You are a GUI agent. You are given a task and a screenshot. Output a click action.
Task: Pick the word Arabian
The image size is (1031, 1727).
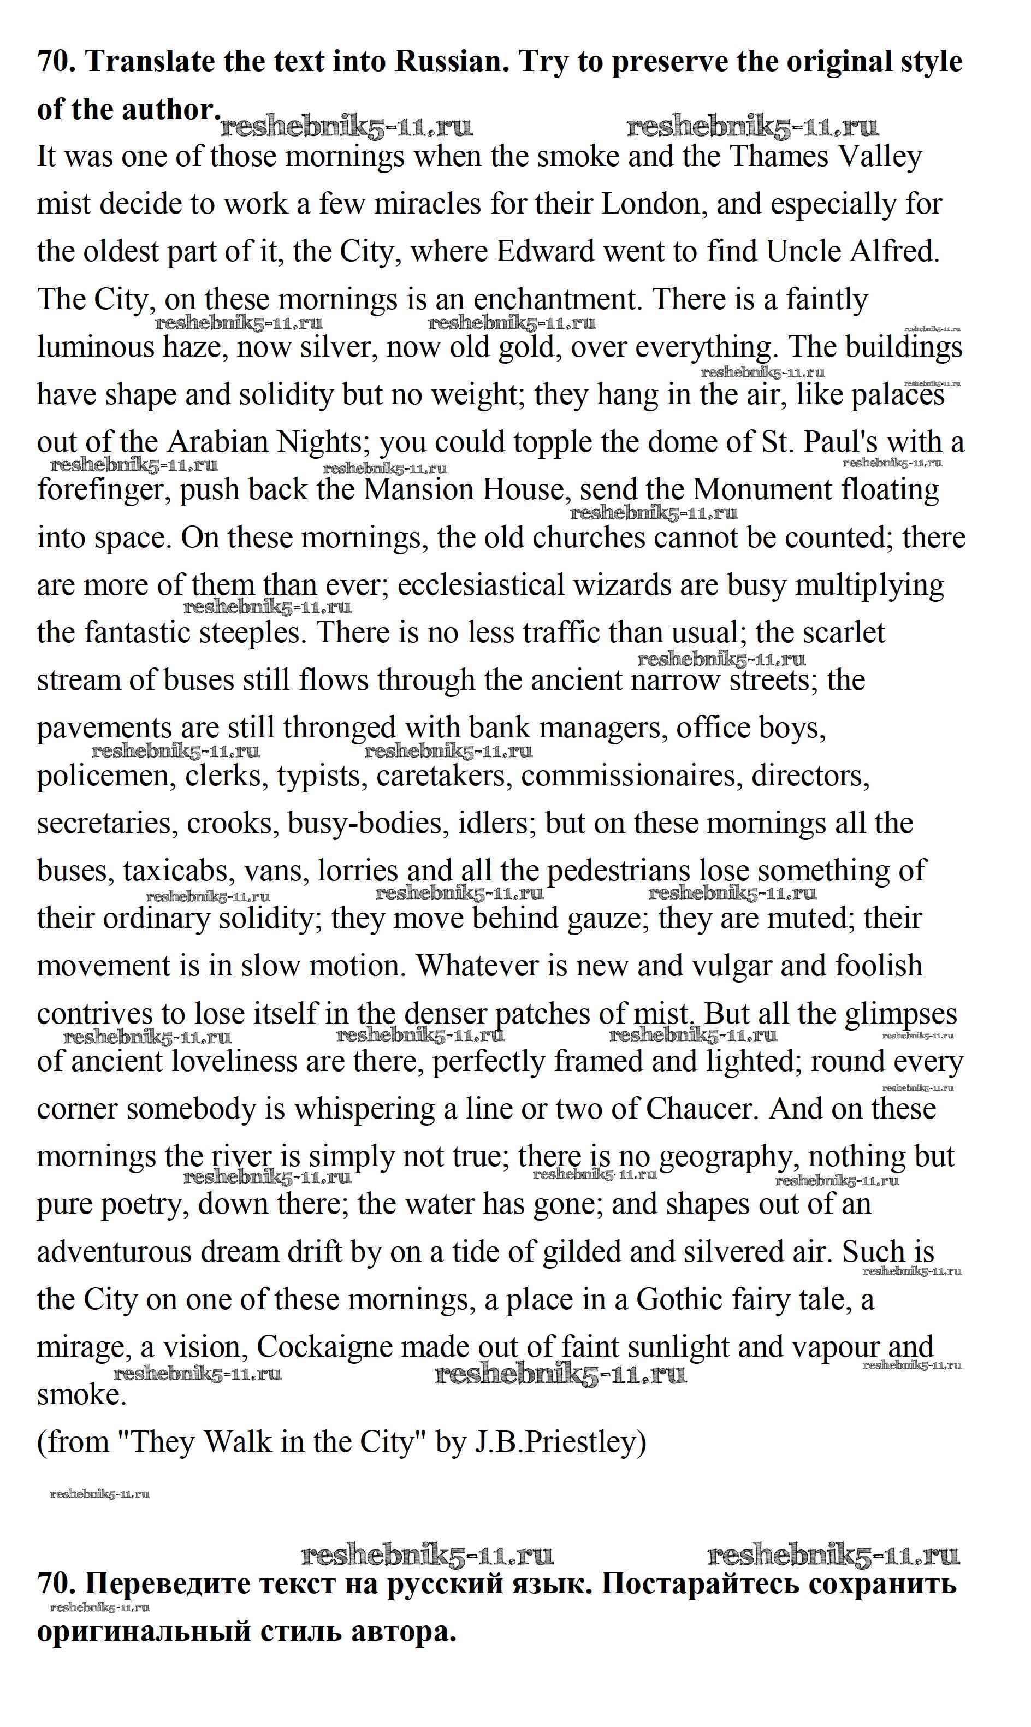click(217, 442)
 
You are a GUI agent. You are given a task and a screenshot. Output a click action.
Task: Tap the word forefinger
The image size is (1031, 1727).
click(104, 490)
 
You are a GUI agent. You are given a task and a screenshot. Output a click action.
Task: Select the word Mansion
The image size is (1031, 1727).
click(418, 490)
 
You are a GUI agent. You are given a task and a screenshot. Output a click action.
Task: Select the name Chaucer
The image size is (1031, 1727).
click(700, 1109)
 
